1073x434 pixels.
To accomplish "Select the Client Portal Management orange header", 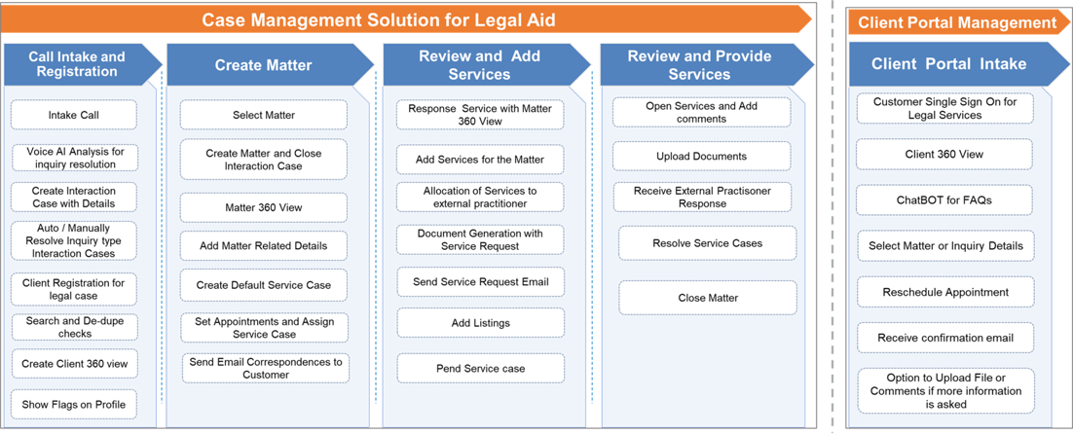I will coord(957,22).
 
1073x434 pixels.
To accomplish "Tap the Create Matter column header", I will coord(263,65).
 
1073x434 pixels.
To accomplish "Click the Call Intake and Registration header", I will coord(77,64).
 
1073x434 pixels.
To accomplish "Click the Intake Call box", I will coord(74,115).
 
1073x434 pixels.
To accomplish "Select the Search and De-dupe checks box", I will coord(74,326).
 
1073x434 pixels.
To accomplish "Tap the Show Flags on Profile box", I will coord(74,404).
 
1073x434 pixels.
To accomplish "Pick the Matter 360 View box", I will coord(263,207).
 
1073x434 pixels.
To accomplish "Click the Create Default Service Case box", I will coord(263,285).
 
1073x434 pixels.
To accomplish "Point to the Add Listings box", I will coord(480,322).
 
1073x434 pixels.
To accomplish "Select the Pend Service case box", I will coord(480,368).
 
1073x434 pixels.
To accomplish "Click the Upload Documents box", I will coord(701,156).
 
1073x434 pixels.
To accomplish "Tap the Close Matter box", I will coord(708,298).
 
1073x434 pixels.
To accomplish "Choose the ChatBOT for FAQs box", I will coord(944,200).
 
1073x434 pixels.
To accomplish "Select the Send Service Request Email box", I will coord(480,282).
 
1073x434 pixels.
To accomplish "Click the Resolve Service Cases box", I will coord(707,242).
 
